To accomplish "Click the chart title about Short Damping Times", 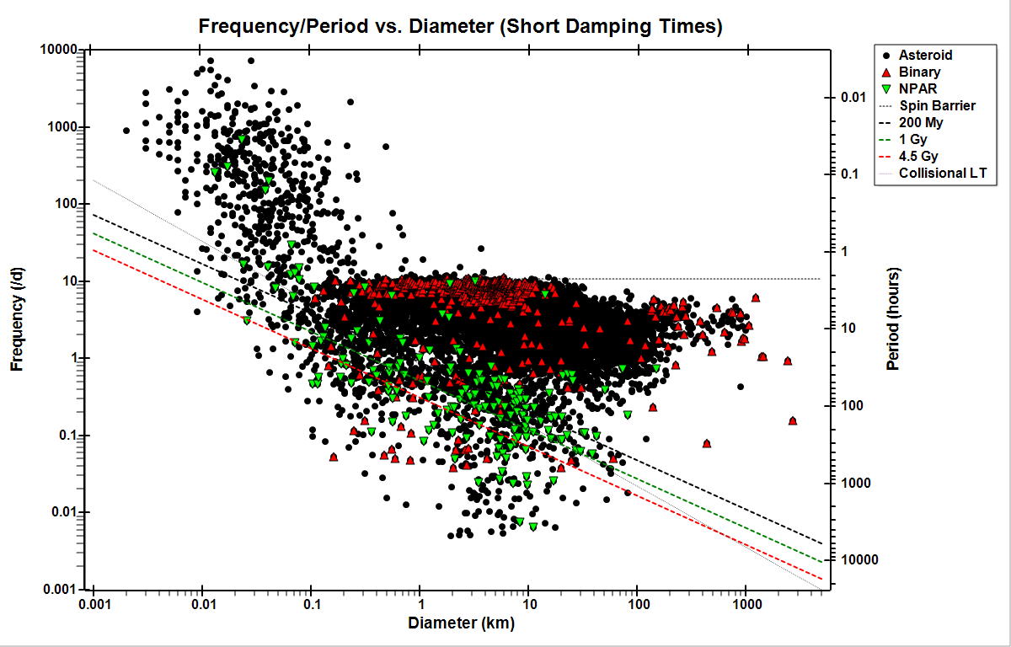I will coord(460,26).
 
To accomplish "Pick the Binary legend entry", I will coord(919,72).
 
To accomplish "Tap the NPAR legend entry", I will coord(917,88).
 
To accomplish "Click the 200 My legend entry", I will coord(921,122).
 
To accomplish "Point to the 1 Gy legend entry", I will coord(915,139).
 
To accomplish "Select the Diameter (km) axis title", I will coord(461,624).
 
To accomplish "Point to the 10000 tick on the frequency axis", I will coord(60,50).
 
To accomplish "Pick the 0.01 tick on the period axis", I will coord(853,98).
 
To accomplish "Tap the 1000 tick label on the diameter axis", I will coord(745,606).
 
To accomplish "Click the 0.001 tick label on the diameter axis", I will coord(94,606).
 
